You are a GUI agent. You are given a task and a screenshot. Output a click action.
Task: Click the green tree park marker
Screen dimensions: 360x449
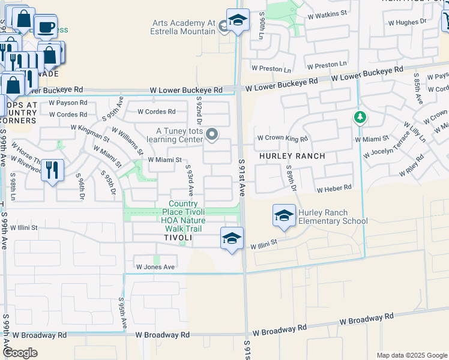coord(360,117)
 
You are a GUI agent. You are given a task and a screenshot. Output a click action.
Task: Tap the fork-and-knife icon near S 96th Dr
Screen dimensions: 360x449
coord(53,170)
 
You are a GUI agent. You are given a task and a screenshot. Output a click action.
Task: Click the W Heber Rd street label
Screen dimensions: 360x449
coord(334,189)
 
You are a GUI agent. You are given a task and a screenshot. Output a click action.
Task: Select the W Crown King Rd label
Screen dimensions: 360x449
coord(282,139)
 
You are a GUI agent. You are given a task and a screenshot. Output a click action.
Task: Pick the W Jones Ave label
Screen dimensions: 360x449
coord(155,266)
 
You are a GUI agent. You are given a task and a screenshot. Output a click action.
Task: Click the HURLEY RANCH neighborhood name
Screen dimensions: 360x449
coord(292,156)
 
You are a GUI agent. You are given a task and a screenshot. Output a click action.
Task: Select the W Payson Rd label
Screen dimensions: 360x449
coord(68,103)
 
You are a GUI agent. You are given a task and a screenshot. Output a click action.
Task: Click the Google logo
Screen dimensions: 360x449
coord(20,353)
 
